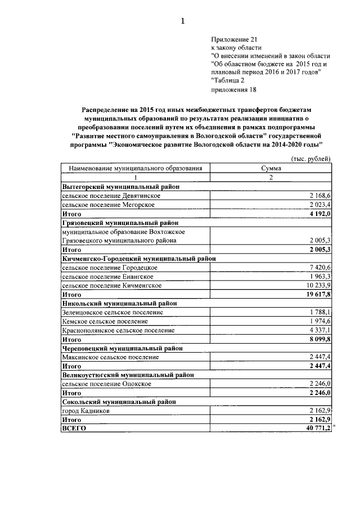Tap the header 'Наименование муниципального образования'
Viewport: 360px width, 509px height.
[135, 168]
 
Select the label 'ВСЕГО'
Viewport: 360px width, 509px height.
[73, 429]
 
